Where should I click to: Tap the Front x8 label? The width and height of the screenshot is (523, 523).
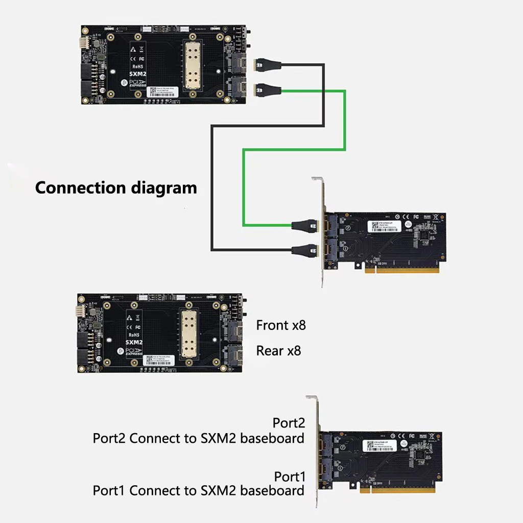point(281,325)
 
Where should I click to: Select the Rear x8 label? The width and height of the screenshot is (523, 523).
point(278,351)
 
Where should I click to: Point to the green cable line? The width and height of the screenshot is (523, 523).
point(345,123)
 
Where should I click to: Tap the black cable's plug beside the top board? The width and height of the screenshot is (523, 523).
point(269,65)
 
